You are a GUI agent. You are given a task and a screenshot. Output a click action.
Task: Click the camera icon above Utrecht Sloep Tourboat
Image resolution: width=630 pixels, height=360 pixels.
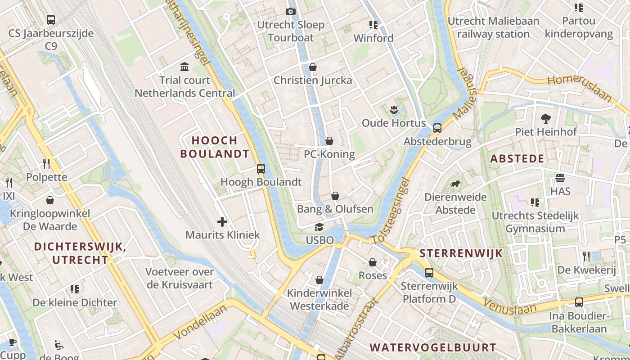[291, 11]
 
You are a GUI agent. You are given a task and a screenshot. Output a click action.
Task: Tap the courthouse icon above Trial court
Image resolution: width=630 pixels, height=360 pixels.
[184, 67]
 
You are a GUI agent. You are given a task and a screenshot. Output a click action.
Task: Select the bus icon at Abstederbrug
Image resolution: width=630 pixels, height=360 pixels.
[437, 128]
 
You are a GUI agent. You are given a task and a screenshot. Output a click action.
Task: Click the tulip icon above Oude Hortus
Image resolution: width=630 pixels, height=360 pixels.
[394, 109]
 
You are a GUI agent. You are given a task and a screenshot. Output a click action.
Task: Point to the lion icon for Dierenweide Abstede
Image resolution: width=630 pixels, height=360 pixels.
[455, 184]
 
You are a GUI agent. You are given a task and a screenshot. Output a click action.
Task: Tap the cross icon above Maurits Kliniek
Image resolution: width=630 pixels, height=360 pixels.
[222, 221]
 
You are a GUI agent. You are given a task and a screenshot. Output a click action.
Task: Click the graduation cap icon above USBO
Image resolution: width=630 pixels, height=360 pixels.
[319, 227]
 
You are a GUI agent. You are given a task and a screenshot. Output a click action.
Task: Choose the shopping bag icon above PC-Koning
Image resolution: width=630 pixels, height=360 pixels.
[329, 141]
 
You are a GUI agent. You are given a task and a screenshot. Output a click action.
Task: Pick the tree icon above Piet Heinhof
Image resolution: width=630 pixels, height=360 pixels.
[546, 119]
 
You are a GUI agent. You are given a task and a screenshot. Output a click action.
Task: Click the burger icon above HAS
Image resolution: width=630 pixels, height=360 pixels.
[560, 178]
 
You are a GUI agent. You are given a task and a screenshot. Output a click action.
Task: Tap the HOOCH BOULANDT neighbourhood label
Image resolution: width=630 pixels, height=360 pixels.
[215, 147]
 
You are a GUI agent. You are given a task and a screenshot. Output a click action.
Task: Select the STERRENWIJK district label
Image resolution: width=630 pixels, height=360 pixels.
[461, 253]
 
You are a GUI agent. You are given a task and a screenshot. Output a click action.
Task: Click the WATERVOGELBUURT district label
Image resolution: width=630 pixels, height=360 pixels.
[432, 347]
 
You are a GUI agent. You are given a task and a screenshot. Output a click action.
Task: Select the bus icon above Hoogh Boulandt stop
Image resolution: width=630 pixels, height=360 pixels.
[261, 169]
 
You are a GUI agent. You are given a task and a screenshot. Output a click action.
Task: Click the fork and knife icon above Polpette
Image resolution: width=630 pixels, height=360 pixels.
[46, 163]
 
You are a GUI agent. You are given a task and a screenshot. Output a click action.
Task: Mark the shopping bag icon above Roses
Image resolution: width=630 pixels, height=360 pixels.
[373, 262]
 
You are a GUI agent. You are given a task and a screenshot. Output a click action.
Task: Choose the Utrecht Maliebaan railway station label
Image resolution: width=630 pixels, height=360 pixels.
[493, 27]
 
